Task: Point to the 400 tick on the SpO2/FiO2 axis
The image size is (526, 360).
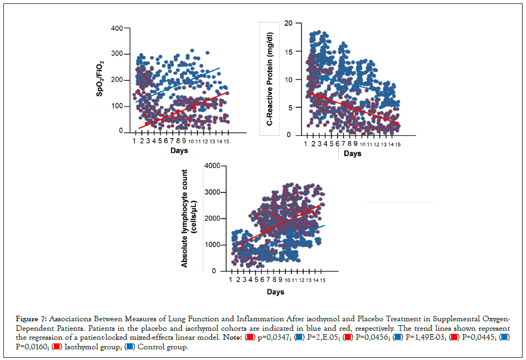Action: [x=117, y=28]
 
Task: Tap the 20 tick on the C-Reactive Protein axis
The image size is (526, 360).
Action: [x=288, y=23]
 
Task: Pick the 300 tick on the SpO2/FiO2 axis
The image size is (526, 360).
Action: [x=117, y=54]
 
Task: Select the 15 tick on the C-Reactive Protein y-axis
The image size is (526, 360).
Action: [x=288, y=51]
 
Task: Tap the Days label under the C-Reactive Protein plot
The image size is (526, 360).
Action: [x=352, y=154]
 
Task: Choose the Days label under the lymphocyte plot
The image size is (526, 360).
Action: [x=275, y=292]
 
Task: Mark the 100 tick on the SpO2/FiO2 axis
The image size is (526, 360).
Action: [x=117, y=105]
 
